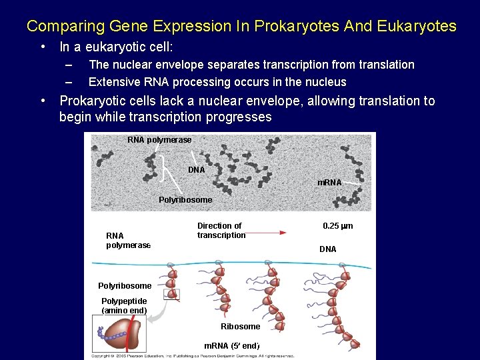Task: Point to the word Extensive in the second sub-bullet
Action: (114, 82)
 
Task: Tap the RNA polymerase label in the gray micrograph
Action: (159, 140)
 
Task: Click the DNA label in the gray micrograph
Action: (197, 170)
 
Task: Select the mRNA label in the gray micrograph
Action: (329, 183)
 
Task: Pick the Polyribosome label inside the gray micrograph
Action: (185, 200)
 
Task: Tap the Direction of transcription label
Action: (221, 231)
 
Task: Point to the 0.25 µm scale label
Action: (337, 226)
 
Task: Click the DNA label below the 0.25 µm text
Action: (328, 249)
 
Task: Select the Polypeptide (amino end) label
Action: (124, 306)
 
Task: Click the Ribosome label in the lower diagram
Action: (240, 327)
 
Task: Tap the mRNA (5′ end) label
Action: (231, 345)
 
